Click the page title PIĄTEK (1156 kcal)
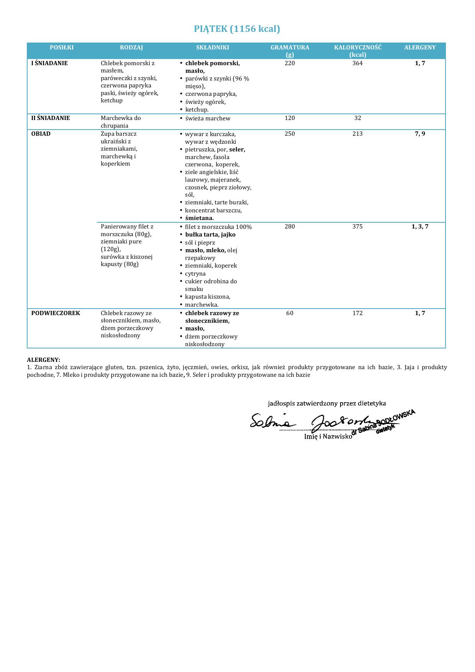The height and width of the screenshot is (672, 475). pos(237,29)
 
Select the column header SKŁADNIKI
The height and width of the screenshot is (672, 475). pos(213,48)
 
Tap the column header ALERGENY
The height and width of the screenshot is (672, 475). pos(420,48)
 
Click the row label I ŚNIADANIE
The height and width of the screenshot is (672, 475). pos(49,63)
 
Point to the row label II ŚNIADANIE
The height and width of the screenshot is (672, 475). pos(51,118)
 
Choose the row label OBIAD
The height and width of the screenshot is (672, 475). pos(41,134)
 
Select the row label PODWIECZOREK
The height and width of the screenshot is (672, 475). pos(56,313)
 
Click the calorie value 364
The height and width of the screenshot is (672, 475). pos(357,63)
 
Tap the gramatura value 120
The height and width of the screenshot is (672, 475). pos(290,118)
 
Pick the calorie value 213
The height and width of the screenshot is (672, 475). pos(357,134)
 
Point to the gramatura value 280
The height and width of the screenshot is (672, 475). pos(290,227)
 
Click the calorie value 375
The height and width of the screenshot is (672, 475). pos(357,227)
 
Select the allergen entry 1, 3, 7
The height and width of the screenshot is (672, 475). pos(420,227)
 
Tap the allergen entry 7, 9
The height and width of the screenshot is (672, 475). pos(420,134)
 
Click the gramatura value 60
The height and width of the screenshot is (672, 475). pos(290,313)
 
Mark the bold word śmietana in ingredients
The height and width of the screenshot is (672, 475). pos(199,218)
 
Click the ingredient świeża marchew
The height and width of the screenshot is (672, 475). pos(208,118)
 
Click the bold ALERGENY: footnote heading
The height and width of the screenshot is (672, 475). pos(44,360)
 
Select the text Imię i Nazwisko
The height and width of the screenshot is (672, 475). pos(328,436)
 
